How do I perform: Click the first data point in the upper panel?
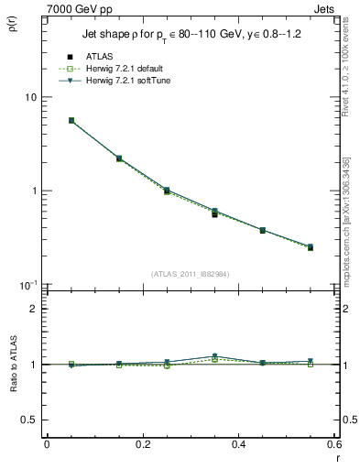(x=71, y=120)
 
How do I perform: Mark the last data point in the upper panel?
(x=311, y=247)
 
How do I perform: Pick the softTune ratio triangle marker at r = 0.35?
(x=214, y=356)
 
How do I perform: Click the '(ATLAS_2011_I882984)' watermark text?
(x=190, y=274)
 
